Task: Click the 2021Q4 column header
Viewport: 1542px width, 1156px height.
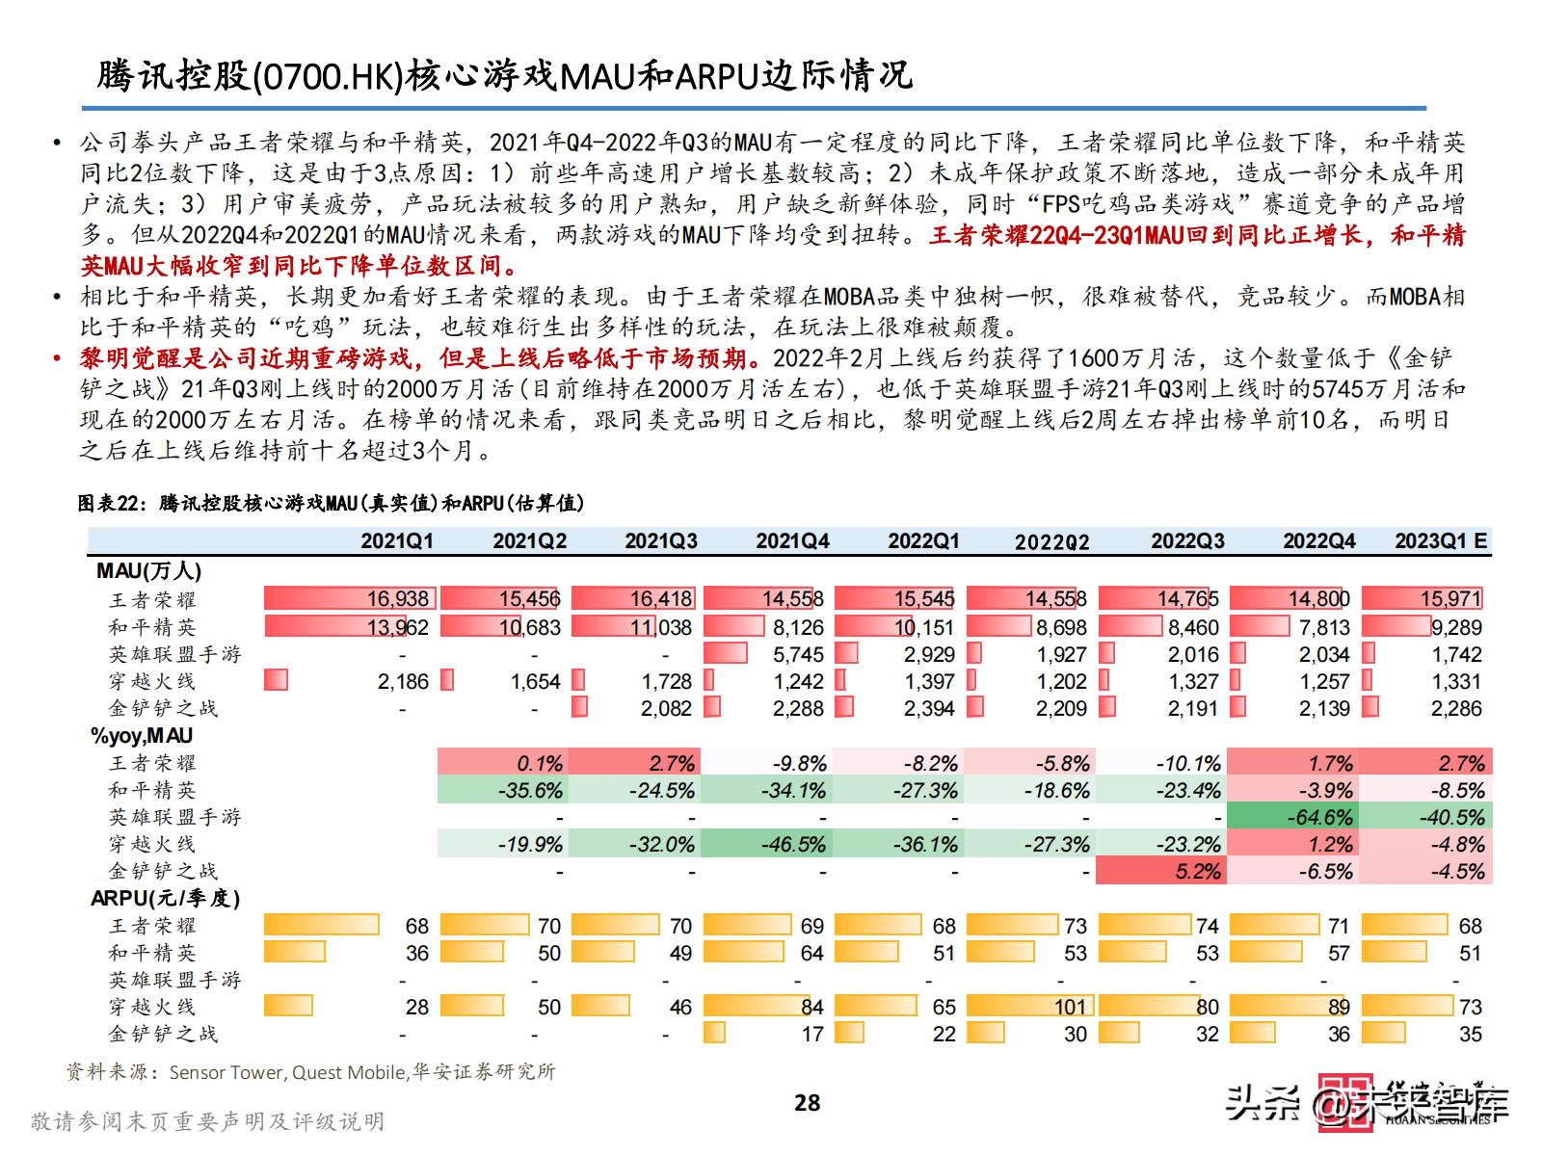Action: click(x=792, y=540)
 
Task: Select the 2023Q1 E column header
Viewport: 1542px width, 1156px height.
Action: click(x=1441, y=540)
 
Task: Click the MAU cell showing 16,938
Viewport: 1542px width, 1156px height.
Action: click(x=397, y=599)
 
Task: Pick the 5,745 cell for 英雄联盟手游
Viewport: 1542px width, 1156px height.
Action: click(x=798, y=654)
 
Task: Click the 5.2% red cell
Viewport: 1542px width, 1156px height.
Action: click(x=1199, y=872)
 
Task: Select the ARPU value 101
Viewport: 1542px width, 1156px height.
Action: click(x=1070, y=1007)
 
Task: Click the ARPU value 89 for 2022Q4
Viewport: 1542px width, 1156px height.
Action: click(x=1338, y=1007)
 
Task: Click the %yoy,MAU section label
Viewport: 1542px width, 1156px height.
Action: click(x=142, y=736)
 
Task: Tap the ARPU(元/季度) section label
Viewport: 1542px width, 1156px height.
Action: click(x=166, y=899)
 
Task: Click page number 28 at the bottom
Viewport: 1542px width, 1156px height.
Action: click(x=807, y=1103)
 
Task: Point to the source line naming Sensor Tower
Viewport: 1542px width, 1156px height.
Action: click(x=310, y=1071)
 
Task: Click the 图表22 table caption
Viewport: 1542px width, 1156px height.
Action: click(x=331, y=503)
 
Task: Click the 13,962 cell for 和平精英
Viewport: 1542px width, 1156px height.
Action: click(x=397, y=627)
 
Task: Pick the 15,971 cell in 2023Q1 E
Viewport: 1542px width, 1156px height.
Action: click(x=1449, y=599)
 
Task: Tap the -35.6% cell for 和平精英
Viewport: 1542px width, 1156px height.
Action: click(x=530, y=791)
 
